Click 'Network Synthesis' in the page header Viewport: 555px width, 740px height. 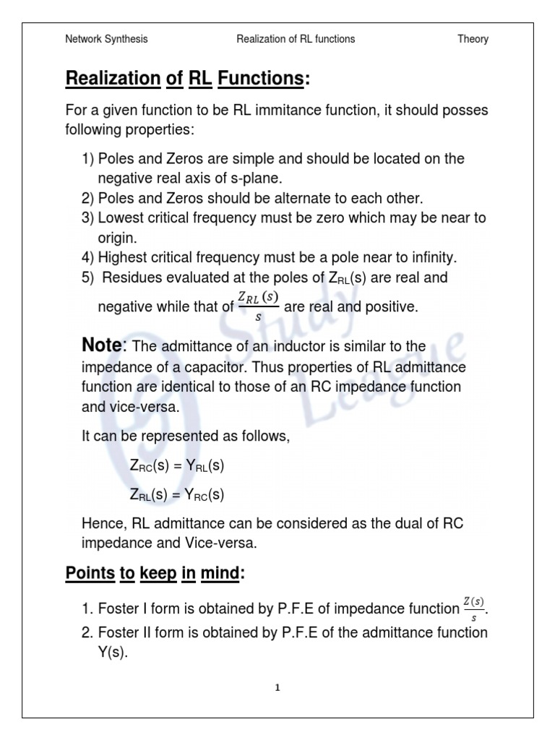tap(106, 39)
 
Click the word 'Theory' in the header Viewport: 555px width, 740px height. tap(473, 39)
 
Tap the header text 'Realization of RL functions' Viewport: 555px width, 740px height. tap(296, 39)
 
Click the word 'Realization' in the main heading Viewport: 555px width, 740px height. tap(113, 78)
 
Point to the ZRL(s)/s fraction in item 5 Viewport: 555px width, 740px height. tap(258, 306)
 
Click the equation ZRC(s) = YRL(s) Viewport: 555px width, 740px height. tap(177, 466)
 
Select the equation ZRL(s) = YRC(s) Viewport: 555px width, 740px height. tap(177, 495)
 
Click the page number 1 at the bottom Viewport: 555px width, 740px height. tap(277, 688)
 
